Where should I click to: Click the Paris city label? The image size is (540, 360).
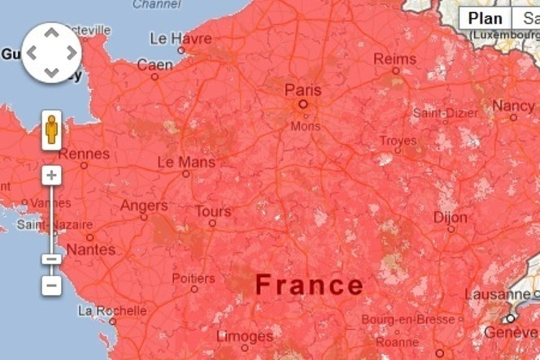point(303,89)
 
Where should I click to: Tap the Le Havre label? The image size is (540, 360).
point(181,38)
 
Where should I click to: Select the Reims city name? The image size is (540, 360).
point(395,59)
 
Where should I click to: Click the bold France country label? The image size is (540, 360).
point(309,284)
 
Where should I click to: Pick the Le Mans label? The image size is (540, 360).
point(186,162)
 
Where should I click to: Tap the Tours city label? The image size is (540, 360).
point(213,211)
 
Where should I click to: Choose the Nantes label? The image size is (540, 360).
point(90,249)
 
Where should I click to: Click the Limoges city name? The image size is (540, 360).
point(245,335)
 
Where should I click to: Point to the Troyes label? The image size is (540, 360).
point(398,141)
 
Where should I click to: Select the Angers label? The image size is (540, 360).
point(144,206)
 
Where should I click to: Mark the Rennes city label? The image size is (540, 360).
point(85,153)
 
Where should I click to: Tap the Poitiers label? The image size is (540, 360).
point(194,278)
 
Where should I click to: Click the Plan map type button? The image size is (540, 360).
point(485,19)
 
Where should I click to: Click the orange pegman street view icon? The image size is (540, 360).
point(51,131)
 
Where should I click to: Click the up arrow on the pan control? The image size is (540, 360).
point(51,33)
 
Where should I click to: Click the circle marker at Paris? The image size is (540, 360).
point(303,104)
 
